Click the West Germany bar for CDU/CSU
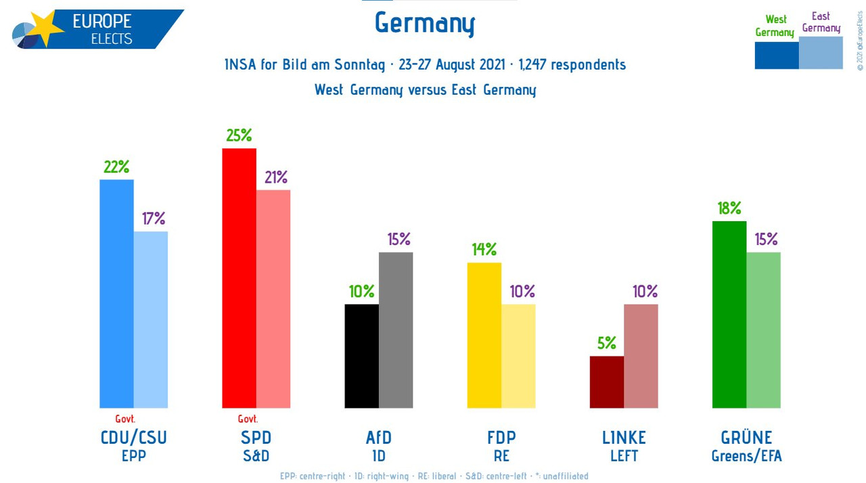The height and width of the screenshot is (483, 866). click(x=116, y=294)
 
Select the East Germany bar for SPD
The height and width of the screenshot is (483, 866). click(x=273, y=298)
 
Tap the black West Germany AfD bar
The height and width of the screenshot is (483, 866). click(x=361, y=356)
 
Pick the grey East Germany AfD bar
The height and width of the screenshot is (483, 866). click(x=396, y=330)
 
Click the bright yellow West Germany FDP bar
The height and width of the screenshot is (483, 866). click(x=484, y=335)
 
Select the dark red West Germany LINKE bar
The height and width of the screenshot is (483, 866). click(x=607, y=382)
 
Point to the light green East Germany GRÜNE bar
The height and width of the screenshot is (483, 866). click(x=763, y=330)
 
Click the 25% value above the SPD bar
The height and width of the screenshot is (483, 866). click(x=239, y=135)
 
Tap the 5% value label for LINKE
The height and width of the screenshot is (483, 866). click(x=607, y=343)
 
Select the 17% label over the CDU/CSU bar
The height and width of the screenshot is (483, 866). click(x=154, y=218)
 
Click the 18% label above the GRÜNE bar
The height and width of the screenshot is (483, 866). click(x=729, y=208)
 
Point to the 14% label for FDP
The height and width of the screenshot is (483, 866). click(x=484, y=250)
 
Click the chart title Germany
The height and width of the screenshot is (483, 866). click(x=425, y=24)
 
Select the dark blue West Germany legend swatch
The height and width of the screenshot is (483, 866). click(x=776, y=55)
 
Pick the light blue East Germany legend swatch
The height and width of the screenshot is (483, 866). click(x=821, y=53)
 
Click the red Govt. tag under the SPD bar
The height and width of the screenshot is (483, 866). click(x=248, y=419)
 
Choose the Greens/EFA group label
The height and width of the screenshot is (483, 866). click(x=746, y=456)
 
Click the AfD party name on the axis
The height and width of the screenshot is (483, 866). click(x=378, y=438)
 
